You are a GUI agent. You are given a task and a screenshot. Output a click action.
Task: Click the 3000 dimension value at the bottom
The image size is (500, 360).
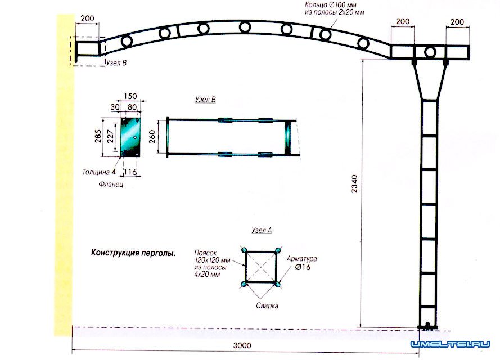(x=242, y=345)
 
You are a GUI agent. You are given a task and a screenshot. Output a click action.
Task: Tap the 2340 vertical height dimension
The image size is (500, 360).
(x=354, y=184)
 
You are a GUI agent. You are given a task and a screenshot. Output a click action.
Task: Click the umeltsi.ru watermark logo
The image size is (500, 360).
(x=451, y=344)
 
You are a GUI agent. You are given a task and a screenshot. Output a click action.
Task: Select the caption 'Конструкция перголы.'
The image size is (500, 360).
(x=133, y=253)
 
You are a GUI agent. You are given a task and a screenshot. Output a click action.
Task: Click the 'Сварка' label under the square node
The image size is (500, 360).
(x=267, y=305)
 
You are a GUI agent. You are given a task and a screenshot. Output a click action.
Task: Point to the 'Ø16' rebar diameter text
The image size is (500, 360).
(x=303, y=267)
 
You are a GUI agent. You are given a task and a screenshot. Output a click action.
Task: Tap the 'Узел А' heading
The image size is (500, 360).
(x=262, y=230)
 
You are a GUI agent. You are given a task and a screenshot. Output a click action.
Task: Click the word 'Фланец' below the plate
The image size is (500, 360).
(x=111, y=184)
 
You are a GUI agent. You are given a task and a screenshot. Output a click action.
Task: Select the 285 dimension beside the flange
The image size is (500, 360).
(x=98, y=136)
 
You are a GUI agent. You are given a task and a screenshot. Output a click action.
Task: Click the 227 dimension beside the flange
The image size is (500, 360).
(x=110, y=136)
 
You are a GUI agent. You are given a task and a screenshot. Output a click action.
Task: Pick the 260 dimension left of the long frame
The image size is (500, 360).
(x=152, y=137)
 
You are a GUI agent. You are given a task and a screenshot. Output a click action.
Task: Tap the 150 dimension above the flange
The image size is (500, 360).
(x=130, y=96)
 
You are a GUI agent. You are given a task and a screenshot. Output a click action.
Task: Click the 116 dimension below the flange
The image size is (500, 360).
(x=130, y=172)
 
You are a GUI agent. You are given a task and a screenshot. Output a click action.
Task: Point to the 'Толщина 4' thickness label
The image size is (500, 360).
(x=99, y=172)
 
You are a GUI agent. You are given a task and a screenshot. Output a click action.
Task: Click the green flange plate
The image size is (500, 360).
(x=130, y=137)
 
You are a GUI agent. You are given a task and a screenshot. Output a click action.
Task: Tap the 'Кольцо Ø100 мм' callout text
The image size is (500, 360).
(x=331, y=5)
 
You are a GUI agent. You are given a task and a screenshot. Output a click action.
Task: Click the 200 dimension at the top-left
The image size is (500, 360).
(x=87, y=19)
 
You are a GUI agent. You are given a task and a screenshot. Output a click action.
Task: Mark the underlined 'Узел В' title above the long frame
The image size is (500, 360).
(x=205, y=100)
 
